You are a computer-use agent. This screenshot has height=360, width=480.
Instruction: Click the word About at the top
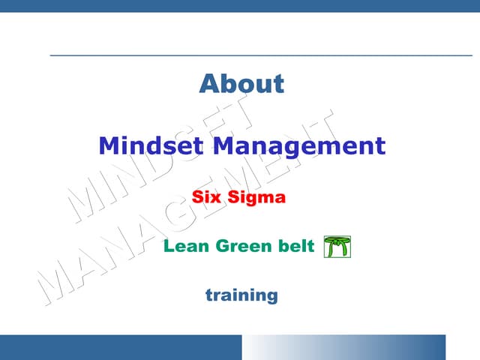(241, 83)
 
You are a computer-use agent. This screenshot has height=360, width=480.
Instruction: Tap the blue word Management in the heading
(298, 145)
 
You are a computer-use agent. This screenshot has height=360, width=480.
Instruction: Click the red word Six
(207, 199)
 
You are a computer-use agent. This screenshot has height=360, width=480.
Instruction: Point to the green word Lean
(186, 246)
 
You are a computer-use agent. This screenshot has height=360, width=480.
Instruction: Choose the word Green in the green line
(242, 246)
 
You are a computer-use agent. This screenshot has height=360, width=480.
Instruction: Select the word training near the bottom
(241, 295)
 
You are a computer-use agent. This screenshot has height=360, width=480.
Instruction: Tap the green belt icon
(337, 246)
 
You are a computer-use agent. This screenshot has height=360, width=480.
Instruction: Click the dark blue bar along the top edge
(240, 6)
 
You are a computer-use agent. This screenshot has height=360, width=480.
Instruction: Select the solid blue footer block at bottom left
(120, 347)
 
